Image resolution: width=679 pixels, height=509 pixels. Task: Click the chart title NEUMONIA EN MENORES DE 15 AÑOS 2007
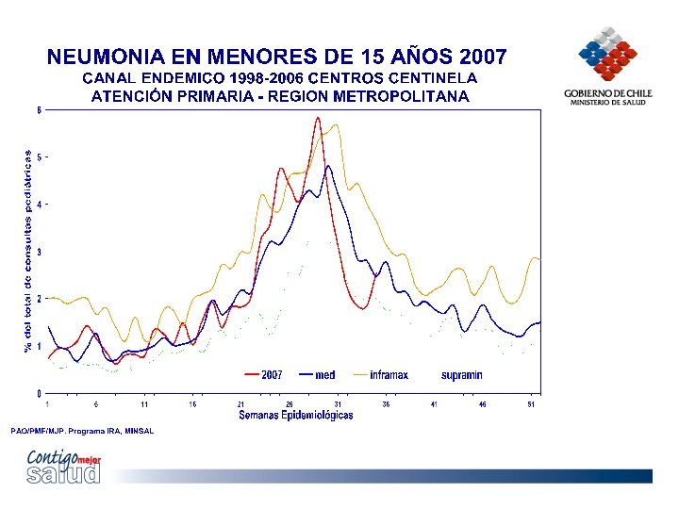coord(276,57)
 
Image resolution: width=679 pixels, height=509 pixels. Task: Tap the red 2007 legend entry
coord(264,375)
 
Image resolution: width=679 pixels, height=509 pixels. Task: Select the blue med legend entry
coord(318,375)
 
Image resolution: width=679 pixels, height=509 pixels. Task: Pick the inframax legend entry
coord(381,375)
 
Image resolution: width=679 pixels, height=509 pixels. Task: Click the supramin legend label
coord(461,375)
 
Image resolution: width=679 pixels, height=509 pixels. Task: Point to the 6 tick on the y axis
coord(39,110)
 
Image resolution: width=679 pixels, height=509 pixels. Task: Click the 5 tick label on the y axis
coord(39,157)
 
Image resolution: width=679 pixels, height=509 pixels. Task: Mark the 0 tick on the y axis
coord(39,393)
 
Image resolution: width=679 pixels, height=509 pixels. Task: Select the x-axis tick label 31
coord(338,404)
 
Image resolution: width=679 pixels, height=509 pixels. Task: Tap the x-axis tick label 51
coord(531,404)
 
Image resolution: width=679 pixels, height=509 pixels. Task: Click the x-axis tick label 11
coord(144,404)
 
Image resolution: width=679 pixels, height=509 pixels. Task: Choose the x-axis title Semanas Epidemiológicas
coord(296,415)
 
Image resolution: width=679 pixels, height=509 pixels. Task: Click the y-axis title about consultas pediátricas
coord(28,251)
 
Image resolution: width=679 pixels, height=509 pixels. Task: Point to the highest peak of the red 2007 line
coord(318,118)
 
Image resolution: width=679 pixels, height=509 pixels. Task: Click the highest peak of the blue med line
coord(328,166)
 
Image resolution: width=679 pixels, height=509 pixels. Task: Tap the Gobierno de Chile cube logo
coord(607,54)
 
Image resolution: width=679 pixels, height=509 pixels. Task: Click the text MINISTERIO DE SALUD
coord(607,103)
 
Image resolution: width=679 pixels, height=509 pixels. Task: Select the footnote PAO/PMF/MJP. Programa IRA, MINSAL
coord(82,431)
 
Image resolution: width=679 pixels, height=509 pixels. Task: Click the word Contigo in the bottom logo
coord(53,457)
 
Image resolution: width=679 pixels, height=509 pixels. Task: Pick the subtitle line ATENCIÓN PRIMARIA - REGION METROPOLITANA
coord(280,96)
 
